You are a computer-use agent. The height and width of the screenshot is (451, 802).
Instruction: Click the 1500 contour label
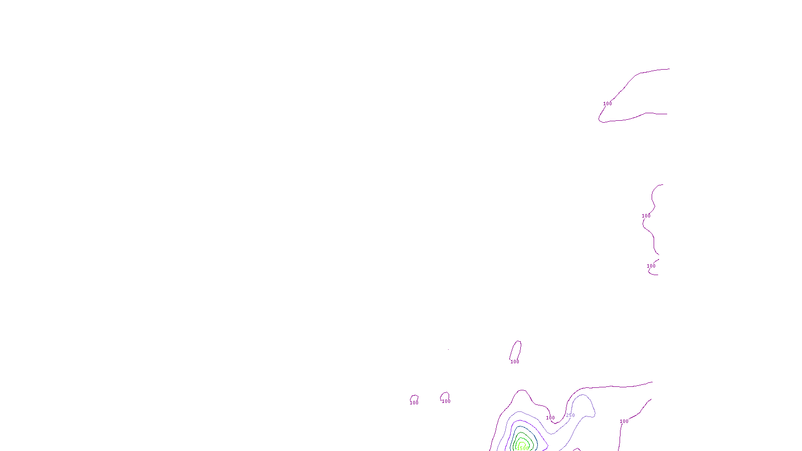click(522, 448)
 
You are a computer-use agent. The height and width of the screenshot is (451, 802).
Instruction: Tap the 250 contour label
click(570, 415)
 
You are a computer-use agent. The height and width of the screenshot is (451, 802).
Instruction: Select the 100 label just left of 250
click(550, 418)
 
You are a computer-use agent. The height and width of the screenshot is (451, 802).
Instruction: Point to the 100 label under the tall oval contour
click(515, 362)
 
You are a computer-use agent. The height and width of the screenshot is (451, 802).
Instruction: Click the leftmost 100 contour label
click(414, 403)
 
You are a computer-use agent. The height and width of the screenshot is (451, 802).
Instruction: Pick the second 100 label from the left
click(446, 401)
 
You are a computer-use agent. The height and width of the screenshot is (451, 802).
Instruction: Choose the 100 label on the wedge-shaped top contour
click(608, 104)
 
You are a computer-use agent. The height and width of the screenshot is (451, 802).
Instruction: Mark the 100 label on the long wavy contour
click(646, 216)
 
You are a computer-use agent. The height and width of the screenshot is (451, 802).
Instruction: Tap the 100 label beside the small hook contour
click(651, 266)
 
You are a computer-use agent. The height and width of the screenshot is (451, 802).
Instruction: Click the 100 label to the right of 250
click(624, 421)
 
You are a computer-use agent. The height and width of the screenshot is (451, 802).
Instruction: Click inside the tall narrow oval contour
click(516, 350)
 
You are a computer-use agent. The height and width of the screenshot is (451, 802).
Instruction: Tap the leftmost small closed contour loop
click(414, 398)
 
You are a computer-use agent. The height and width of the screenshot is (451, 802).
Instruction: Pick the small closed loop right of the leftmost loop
click(445, 396)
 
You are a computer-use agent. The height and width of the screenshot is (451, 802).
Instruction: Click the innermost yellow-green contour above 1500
click(522, 442)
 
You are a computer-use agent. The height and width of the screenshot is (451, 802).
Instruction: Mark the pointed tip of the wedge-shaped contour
click(600, 119)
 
